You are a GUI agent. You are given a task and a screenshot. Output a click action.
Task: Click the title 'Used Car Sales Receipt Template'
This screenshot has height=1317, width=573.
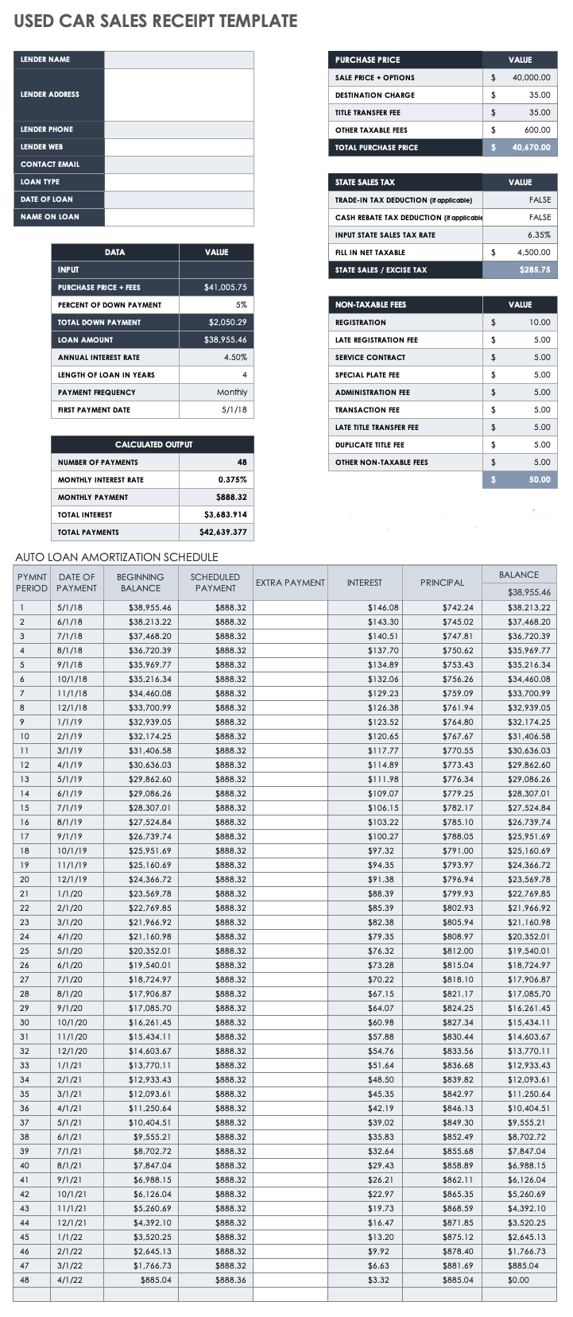pyautogui.click(x=156, y=21)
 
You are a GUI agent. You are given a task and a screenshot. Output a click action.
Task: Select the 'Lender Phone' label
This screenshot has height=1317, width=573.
pyautogui.click(x=47, y=130)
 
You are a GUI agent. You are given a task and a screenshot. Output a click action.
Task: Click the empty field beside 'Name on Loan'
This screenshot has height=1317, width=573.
pyautogui.click(x=179, y=217)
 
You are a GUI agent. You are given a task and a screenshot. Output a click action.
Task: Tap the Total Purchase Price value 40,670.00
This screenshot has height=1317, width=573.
pyautogui.click(x=531, y=148)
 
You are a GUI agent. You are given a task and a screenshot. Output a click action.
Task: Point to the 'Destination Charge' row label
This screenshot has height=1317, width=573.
pyautogui.click(x=374, y=95)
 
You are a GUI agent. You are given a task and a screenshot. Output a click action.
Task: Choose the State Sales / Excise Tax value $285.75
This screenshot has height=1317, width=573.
pyautogui.click(x=534, y=270)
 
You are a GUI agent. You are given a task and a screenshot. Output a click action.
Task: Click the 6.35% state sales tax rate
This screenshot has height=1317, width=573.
pyautogui.click(x=539, y=235)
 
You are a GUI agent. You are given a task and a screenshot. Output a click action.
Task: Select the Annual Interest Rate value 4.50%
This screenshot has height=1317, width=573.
pyautogui.click(x=234, y=358)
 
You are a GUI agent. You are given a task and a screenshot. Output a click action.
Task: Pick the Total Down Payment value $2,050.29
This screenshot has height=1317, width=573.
pyautogui.click(x=227, y=323)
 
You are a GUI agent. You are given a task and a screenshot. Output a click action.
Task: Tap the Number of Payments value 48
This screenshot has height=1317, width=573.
pyautogui.click(x=242, y=463)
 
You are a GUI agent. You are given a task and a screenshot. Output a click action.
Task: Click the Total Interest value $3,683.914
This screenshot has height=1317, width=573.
pyautogui.click(x=225, y=515)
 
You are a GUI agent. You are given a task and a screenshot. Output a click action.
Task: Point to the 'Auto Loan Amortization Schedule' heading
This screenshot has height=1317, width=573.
pyautogui.click(x=117, y=557)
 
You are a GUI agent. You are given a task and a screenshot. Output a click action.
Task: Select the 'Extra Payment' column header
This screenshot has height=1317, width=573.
pyautogui.click(x=290, y=583)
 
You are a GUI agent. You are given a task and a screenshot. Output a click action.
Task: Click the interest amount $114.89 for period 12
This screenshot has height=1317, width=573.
pyautogui.click(x=383, y=765)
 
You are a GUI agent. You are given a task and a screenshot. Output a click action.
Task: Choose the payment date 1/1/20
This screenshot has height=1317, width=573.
pyautogui.click(x=69, y=894)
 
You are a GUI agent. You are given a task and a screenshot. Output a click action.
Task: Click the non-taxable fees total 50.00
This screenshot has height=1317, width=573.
pyautogui.click(x=540, y=480)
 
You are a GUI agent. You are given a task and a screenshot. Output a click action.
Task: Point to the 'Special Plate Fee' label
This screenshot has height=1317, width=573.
pyautogui.click(x=367, y=375)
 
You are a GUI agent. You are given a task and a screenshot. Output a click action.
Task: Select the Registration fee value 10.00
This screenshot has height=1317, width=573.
pyautogui.click(x=540, y=323)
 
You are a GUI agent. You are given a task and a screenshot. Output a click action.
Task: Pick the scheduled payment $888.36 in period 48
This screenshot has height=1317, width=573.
pyautogui.click(x=230, y=1280)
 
